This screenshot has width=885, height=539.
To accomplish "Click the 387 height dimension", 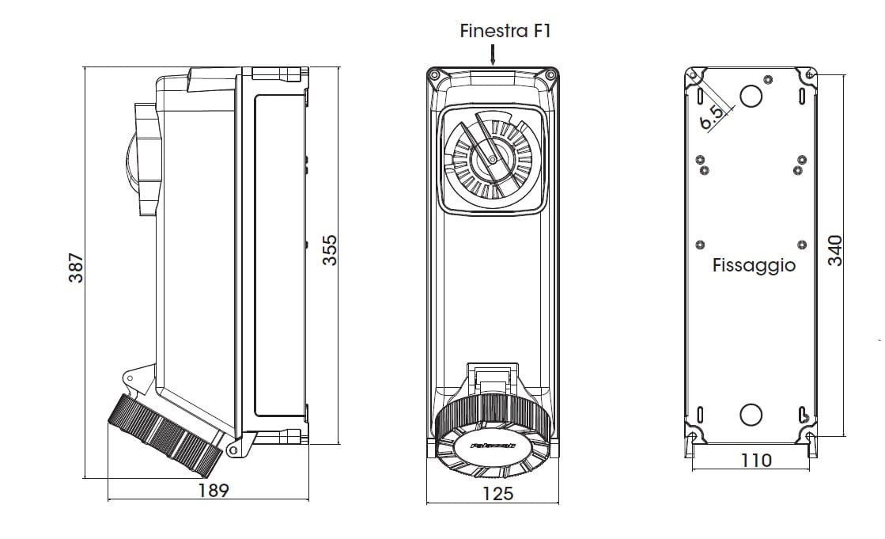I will [76, 269].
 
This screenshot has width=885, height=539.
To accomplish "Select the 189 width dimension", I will [213, 491].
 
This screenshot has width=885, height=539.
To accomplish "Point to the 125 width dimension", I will [497, 494].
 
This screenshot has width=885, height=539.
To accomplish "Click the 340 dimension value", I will [835, 250].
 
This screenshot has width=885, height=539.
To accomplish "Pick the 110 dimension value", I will [757, 460].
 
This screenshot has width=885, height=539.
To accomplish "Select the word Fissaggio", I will [754, 265].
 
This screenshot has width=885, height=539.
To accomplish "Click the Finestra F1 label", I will [505, 31].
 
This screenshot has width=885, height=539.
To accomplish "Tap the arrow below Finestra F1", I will [492, 54].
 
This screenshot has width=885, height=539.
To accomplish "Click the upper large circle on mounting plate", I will [750, 96].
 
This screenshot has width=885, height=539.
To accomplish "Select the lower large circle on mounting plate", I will [750, 414].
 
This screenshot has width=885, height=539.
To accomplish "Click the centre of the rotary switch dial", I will [492, 160].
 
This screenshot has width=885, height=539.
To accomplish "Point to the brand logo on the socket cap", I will [492, 446].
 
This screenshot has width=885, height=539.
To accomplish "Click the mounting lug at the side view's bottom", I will [233, 450].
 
